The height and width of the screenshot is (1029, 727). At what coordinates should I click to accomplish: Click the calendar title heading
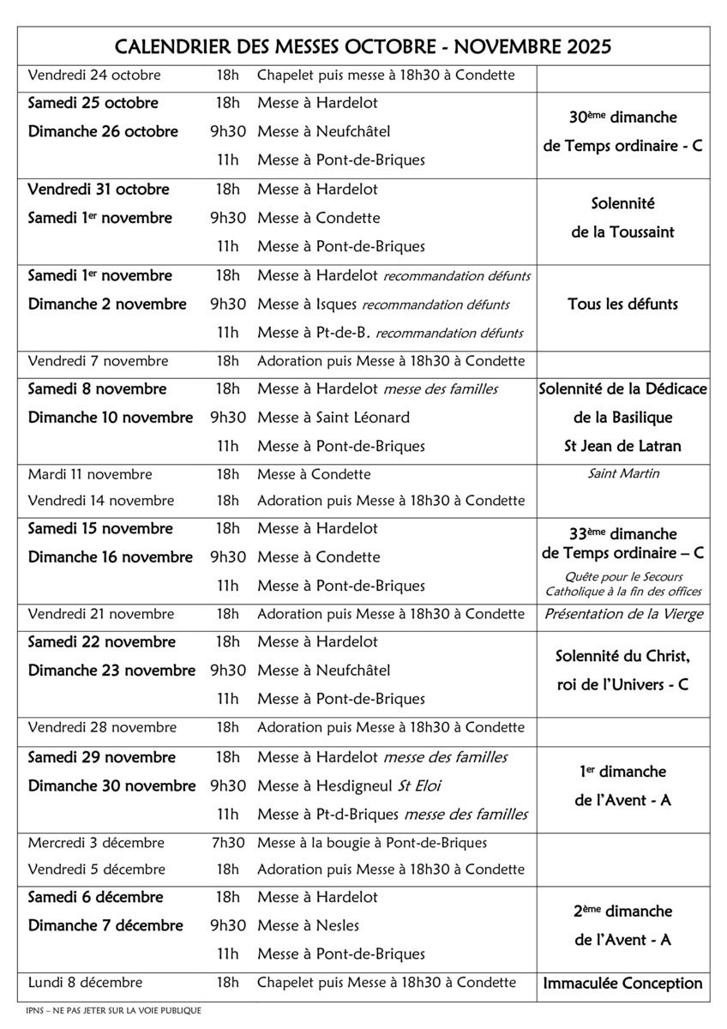(363, 46)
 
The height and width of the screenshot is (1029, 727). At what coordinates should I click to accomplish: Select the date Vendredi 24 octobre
(94, 75)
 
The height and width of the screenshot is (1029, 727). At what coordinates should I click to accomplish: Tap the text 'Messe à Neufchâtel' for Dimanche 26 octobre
(323, 132)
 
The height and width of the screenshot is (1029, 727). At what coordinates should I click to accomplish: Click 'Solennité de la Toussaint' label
(622, 218)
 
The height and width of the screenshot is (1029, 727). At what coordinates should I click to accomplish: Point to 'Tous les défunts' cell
(622, 304)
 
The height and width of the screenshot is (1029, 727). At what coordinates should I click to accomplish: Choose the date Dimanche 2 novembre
(107, 304)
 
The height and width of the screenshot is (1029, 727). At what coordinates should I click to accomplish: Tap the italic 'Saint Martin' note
(622, 473)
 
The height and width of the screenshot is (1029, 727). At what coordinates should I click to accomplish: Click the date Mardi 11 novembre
(90, 474)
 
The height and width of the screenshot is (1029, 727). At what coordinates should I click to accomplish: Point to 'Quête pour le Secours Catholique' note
(622, 584)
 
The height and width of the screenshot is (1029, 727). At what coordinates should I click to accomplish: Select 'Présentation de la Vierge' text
(622, 614)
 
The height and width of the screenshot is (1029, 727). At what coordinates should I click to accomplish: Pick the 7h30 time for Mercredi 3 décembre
(227, 843)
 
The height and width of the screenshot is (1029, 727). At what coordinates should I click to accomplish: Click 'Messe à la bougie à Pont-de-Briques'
(372, 843)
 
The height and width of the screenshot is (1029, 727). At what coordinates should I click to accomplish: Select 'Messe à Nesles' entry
(308, 926)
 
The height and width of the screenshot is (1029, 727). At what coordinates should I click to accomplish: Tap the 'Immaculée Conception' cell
(622, 984)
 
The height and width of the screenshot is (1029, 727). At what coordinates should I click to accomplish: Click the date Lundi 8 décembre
(85, 983)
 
